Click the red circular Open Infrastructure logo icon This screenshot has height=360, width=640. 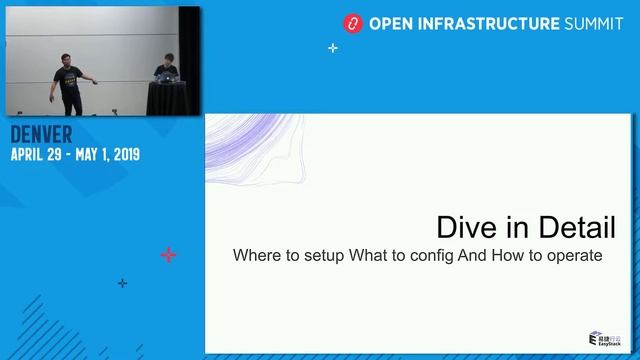(351, 22)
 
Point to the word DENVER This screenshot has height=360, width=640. (41, 135)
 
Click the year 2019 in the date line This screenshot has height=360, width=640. (122, 155)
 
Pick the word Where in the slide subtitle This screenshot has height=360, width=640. (254, 255)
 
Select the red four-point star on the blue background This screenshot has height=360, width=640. (168, 255)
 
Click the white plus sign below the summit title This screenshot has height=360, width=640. (333, 47)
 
